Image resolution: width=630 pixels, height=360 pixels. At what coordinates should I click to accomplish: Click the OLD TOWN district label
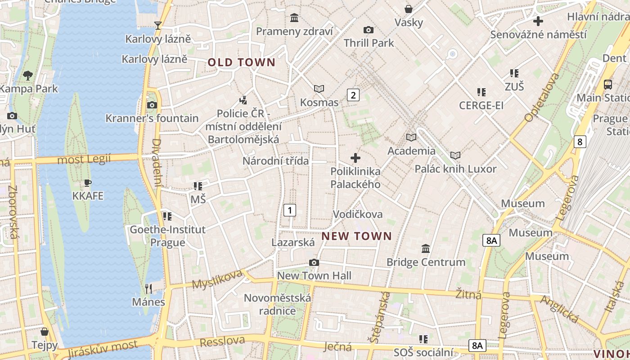tap(241, 63)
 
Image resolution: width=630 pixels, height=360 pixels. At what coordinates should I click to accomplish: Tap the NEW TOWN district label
tap(357, 236)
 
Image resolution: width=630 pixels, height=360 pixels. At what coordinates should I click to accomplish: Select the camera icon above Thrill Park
tap(369, 30)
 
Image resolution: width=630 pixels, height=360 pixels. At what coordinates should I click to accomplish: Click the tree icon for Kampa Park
tap(28, 75)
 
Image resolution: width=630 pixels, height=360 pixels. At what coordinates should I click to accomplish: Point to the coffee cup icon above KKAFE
tap(88, 183)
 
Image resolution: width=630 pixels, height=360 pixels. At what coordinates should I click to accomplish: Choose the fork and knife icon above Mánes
tap(148, 288)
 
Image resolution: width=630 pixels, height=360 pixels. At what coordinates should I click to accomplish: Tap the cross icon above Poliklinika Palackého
tap(355, 158)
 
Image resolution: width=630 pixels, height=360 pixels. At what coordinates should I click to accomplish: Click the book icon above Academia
tap(411, 137)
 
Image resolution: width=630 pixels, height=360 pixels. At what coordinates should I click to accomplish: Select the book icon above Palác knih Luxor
tap(455, 156)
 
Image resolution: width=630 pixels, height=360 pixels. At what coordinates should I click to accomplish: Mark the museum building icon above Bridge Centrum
tap(426, 248)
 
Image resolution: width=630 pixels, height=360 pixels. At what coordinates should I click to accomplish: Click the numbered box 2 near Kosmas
tap(353, 95)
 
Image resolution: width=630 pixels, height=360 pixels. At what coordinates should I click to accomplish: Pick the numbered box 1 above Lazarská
tap(290, 210)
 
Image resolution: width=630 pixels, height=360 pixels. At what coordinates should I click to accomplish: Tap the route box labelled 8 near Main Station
tap(580, 142)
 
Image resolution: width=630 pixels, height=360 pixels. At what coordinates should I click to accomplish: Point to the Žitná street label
tap(468, 295)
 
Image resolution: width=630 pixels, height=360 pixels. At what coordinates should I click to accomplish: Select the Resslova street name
tap(222, 342)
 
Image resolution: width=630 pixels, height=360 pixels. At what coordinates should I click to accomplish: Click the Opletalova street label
tap(542, 97)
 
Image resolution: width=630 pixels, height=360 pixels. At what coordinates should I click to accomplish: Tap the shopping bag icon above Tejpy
tap(45, 332)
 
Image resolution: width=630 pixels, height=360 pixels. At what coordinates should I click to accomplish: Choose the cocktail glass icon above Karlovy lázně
tap(158, 25)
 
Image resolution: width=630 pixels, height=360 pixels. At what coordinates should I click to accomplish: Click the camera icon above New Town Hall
tap(314, 262)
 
